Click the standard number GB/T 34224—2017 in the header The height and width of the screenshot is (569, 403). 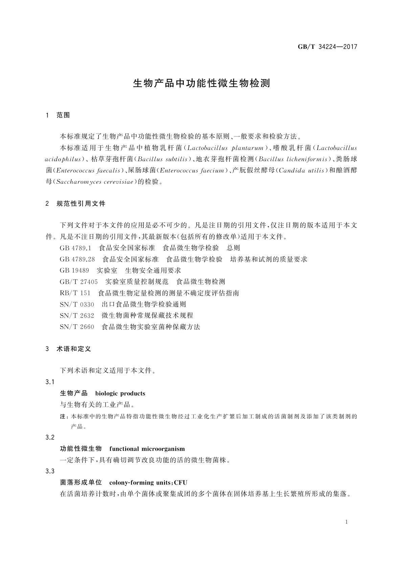point(327,47)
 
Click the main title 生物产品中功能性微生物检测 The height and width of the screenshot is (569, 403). point(201,83)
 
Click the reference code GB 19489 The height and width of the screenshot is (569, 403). point(74,270)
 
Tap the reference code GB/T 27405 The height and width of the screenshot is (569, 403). point(79,281)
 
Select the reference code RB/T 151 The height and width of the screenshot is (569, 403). point(75,293)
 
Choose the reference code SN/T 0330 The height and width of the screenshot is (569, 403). point(77,304)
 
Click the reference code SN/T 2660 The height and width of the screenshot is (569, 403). point(77,327)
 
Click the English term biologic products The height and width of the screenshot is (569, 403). point(120,393)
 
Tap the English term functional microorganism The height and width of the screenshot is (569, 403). point(147,449)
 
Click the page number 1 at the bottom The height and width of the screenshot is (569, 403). point(346,522)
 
